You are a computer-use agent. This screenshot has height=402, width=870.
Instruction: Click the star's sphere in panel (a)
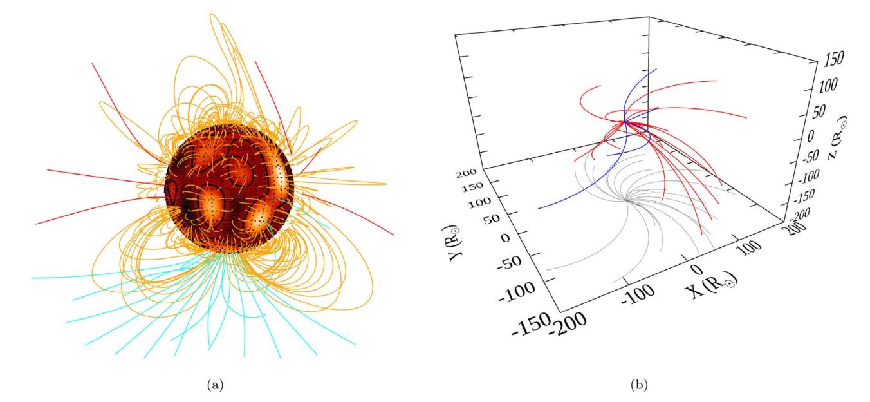pos(229,187)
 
